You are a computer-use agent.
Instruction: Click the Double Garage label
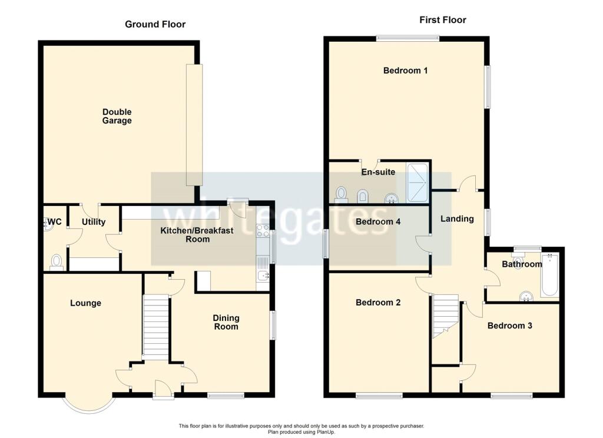[117, 116]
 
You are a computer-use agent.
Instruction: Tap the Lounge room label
[85, 303]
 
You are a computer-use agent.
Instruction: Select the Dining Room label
[226, 322]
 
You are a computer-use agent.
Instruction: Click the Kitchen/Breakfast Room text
[197, 235]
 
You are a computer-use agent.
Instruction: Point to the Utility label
[94, 222]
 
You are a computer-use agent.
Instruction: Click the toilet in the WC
[57, 262]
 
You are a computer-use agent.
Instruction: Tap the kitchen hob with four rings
[263, 231]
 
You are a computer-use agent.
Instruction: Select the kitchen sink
[263, 275]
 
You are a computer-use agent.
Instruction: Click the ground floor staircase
[155, 328]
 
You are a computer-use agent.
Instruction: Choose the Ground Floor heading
[155, 24]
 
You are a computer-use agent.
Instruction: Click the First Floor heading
[443, 20]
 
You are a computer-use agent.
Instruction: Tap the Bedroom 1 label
[405, 71]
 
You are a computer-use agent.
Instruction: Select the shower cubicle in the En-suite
[418, 182]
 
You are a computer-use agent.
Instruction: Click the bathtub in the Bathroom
[549, 274]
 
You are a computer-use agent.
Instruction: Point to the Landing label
[457, 219]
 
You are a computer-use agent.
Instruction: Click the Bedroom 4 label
[378, 221]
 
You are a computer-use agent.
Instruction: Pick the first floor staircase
[446, 316]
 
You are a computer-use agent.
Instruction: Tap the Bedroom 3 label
[509, 326]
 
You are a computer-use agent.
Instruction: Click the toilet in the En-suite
[341, 195]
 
